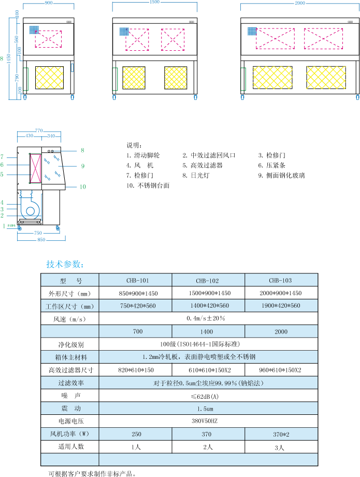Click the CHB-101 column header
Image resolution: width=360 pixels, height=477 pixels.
point(137,281)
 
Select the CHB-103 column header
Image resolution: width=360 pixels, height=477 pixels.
point(280,281)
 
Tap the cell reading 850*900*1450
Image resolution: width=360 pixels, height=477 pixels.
point(137,293)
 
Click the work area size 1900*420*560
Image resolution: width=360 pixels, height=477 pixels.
point(280,306)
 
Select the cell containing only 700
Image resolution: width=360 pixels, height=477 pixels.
point(137,331)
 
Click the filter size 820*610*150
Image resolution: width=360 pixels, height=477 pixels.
point(136,370)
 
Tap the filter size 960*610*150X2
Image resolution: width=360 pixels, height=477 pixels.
point(280,370)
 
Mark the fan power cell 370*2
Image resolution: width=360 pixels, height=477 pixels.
point(280,434)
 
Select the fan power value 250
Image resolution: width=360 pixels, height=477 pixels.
point(136,434)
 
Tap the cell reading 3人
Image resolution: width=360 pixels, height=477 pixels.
point(280,447)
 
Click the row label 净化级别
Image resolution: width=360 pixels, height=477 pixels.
point(71,344)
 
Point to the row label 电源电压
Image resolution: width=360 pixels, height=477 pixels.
point(71,421)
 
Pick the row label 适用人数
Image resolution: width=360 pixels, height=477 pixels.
point(71,446)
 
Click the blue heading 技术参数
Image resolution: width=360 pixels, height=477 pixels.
point(64,264)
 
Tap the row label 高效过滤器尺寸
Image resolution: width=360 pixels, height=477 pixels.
point(71,370)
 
